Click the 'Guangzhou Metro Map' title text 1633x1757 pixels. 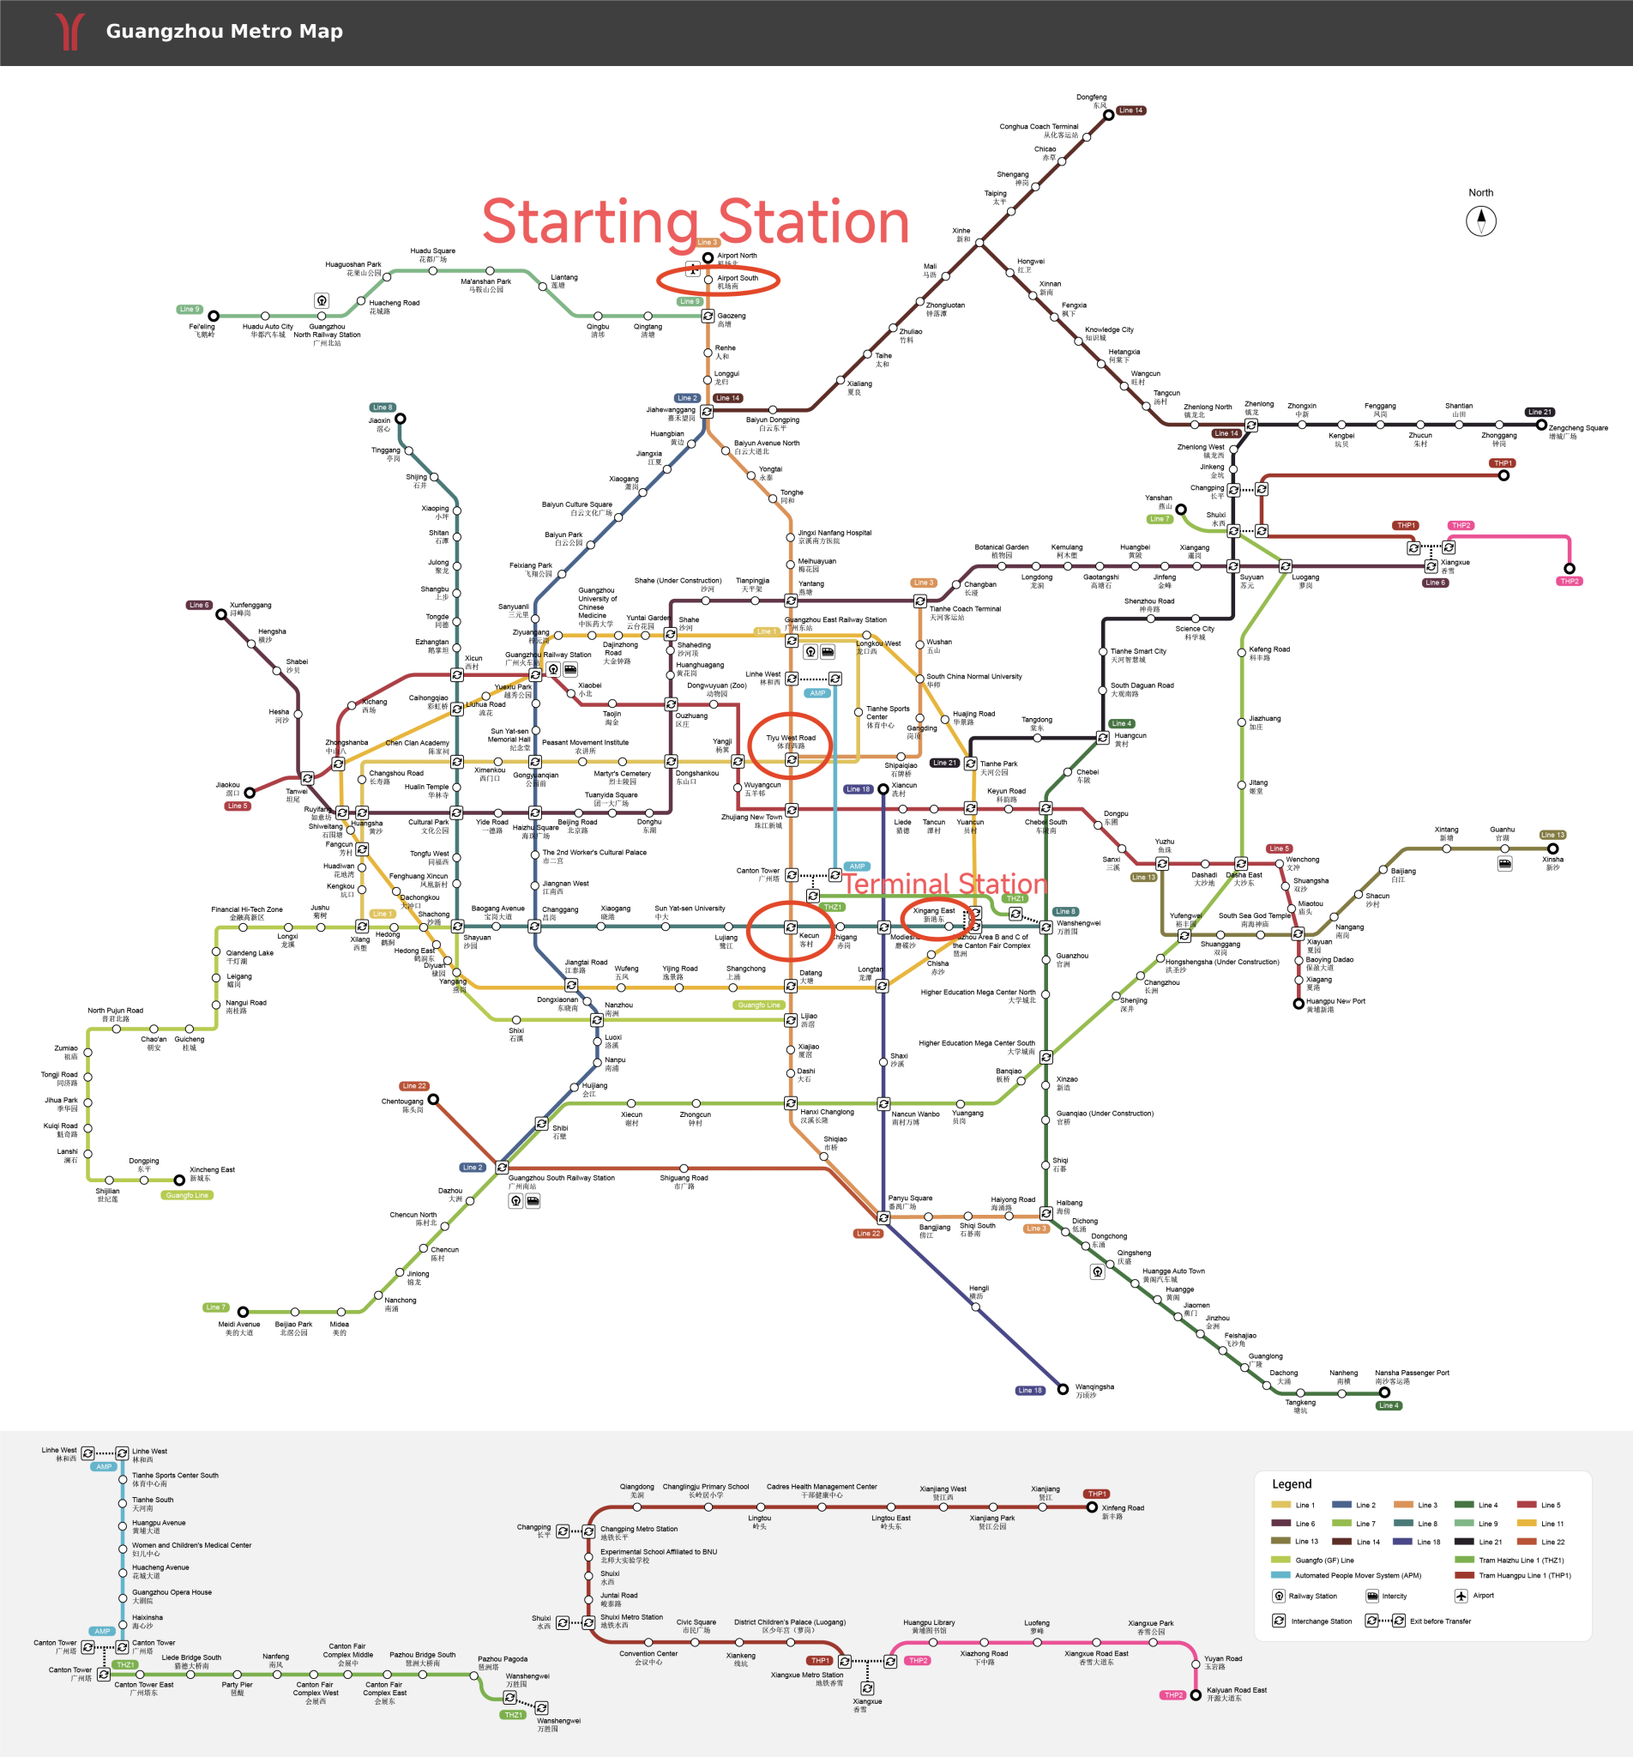pyautogui.click(x=224, y=32)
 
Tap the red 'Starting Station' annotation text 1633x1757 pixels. pyautogui.click(x=696, y=222)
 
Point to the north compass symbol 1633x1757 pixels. pyautogui.click(x=1481, y=220)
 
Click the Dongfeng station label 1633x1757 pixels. pyautogui.click(x=1091, y=98)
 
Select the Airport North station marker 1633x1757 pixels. pyautogui.click(x=708, y=258)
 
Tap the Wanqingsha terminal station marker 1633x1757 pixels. pyautogui.click(x=1063, y=1389)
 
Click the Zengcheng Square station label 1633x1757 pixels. pyautogui.click(x=1577, y=429)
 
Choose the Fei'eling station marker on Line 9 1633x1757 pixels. pyautogui.click(x=214, y=316)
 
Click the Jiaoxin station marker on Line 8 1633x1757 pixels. pyautogui.click(x=401, y=419)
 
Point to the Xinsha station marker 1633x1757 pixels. pyautogui.click(x=1552, y=848)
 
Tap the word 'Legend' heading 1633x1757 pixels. pyautogui.click(x=1291, y=1484)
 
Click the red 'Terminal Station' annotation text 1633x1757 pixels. pyautogui.click(x=944, y=884)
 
